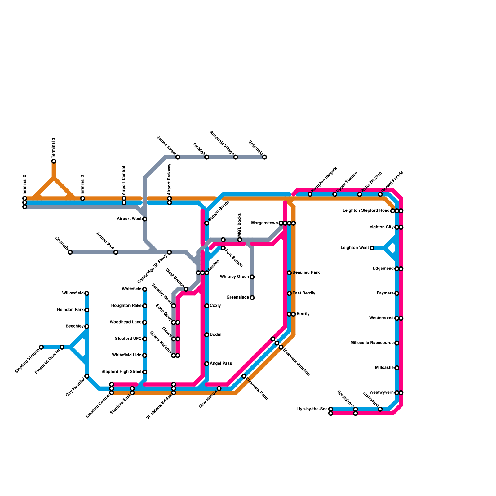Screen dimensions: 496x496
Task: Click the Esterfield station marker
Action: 264,157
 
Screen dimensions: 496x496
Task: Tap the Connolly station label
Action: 62,243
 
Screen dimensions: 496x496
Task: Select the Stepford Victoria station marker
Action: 41,347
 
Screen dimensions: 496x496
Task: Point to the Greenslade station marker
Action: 252,298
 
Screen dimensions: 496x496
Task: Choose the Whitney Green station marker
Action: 252,277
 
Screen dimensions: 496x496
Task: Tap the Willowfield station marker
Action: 87,293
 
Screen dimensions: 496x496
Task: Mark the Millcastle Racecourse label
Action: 372,343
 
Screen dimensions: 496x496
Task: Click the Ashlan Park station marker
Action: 116,252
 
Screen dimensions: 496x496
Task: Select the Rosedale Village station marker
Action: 236,157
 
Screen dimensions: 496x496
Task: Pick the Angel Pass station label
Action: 221,364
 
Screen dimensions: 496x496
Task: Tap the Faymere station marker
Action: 396,293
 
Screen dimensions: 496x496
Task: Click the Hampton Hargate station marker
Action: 310,194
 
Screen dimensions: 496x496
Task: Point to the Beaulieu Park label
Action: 306,273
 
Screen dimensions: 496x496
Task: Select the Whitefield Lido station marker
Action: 144,355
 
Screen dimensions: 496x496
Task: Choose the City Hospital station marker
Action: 87,376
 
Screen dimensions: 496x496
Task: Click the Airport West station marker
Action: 144,219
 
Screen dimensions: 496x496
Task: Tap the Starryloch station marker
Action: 380,409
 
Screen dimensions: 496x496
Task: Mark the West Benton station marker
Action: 186,289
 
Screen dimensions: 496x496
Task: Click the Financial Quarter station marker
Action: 62,347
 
